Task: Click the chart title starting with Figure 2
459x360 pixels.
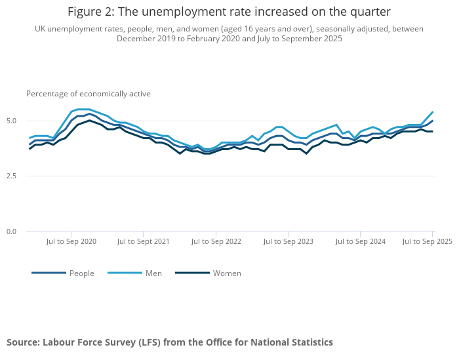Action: click(x=229, y=12)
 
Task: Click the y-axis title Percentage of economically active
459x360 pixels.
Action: click(x=89, y=94)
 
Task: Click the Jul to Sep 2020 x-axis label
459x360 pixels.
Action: click(x=71, y=241)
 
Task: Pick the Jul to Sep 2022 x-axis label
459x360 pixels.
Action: click(x=216, y=241)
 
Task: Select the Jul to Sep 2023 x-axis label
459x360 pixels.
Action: click(x=288, y=241)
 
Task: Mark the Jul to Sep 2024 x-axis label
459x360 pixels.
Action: click(x=360, y=241)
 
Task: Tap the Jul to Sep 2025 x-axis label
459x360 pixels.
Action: click(x=427, y=241)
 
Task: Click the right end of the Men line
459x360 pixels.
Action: click(x=433, y=112)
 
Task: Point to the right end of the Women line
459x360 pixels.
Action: click(x=433, y=132)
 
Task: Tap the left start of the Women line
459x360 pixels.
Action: click(x=30, y=149)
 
